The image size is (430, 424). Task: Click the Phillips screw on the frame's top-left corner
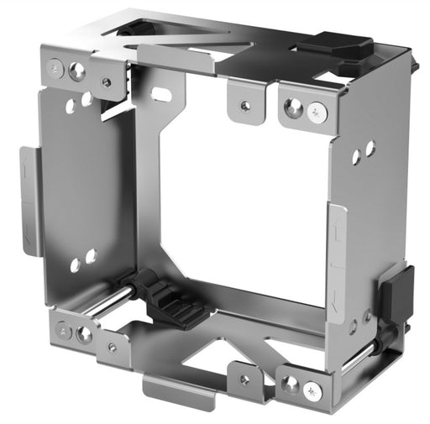[x=57, y=67]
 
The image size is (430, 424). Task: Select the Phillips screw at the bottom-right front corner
[x=312, y=390]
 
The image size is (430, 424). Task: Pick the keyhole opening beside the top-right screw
[x=293, y=106]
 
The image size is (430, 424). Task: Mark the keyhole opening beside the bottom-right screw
[x=290, y=384]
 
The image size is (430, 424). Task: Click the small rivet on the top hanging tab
[x=244, y=107]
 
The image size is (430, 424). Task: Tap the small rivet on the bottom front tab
[x=244, y=379]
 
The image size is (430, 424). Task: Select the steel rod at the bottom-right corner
[x=370, y=352]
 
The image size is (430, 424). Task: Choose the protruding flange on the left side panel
[x=29, y=201]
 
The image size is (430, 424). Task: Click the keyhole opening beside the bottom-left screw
[x=84, y=333]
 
